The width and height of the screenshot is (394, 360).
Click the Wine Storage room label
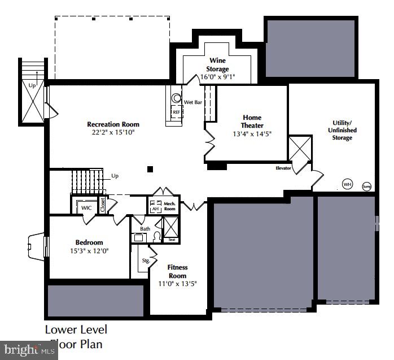(217, 64)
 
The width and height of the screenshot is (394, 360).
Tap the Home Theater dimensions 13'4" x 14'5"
(252, 134)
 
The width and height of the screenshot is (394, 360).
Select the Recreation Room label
(113, 124)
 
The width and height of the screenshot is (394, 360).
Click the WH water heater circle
(347, 184)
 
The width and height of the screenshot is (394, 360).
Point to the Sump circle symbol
(366, 185)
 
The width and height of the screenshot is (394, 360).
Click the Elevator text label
(283, 168)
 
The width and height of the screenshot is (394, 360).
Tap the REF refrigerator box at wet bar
(176, 112)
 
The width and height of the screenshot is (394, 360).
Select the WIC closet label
(86, 208)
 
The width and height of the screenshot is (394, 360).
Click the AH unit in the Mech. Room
(155, 209)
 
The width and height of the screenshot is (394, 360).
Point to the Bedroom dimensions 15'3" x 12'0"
(89, 250)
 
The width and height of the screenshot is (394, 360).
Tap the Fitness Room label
(177, 271)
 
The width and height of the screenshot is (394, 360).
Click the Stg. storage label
(145, 261)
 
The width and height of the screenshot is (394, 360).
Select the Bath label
(145, 229)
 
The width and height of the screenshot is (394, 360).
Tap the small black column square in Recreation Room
(150, 168)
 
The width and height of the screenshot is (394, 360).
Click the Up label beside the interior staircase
(115, 176)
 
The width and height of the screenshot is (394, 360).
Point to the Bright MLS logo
(29, 351)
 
